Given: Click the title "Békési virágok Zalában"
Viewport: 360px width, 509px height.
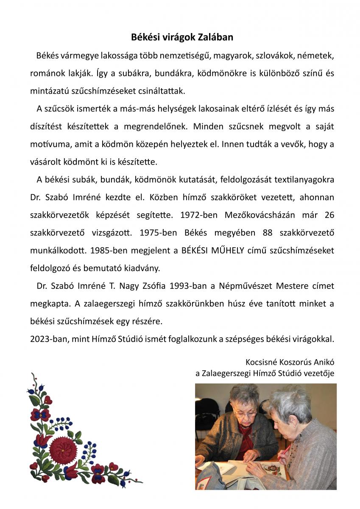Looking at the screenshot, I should point(182,37).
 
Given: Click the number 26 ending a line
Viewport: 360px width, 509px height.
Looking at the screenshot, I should point(329,215).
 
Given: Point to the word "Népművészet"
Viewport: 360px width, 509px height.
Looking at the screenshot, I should point(246,286).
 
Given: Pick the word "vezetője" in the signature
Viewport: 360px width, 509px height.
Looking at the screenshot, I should point(318,373).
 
